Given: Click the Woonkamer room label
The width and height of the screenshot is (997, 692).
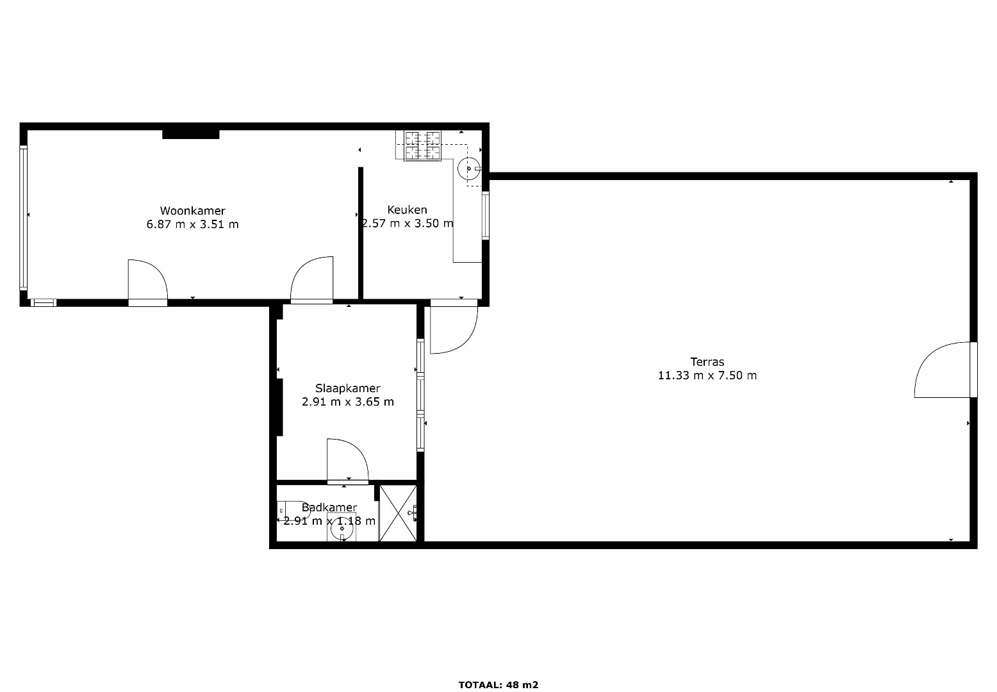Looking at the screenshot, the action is pos(193,211).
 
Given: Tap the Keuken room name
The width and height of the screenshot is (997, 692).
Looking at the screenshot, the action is pos(408,210).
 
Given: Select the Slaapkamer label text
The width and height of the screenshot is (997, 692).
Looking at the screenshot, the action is pos(348,388).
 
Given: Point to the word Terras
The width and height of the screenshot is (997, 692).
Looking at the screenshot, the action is pos(707,362).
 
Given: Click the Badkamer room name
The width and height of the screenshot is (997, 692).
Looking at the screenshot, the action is pos(329,507).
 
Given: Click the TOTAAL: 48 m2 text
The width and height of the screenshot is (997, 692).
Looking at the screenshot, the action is pos(498,685).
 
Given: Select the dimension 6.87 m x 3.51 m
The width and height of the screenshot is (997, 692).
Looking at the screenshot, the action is pos(193,224).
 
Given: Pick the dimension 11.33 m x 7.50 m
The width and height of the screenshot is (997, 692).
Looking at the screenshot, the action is pos(707,375).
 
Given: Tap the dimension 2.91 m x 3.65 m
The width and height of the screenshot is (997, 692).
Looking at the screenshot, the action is pos(348,402).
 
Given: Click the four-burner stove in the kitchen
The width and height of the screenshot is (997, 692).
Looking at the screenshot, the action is pos(422,145).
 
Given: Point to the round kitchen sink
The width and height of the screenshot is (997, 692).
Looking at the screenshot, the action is pos(469,169).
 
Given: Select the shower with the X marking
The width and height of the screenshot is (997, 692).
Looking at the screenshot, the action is pos(398,513).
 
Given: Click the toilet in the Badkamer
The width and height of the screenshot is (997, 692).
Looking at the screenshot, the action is pos(292,511).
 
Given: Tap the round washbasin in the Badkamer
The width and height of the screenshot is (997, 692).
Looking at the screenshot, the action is pos(342,528).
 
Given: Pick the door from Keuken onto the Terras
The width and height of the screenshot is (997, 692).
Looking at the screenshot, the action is pos(454,327).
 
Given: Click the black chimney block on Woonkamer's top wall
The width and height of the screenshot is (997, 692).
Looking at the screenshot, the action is pos(190,135).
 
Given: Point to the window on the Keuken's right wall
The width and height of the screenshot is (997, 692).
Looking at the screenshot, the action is pos(486,215).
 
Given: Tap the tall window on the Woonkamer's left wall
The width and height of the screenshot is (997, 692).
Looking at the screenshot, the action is pos(23,218).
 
